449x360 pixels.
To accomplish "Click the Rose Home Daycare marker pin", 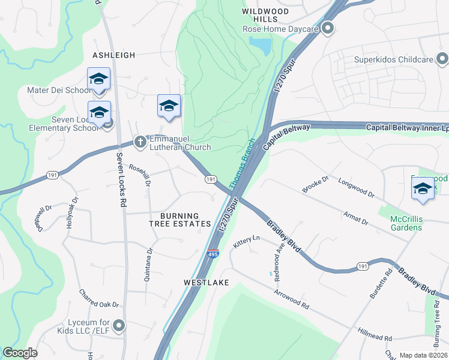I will click(x=328, y=28).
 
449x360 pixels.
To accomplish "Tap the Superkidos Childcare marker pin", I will click(x=442, y=59).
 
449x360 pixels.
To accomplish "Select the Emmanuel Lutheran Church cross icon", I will click(x=140, y=142).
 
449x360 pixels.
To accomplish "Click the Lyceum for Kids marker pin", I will click(x=119, y=326).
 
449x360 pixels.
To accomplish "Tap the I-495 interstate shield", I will click(x=213, y=254).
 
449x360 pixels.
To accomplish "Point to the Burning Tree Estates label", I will click(x=180, y=220).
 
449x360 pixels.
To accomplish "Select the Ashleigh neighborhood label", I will click(x=113, y=55).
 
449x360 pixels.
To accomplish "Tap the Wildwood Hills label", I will click(x=265, y=16).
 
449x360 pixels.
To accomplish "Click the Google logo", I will click(x=20, y=352).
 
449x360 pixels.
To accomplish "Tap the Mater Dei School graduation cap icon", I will click(x=99, y=79).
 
